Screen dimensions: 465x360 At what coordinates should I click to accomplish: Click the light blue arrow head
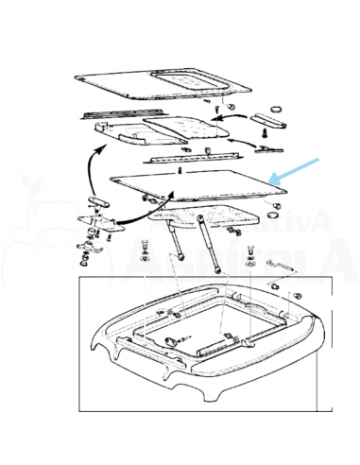click(275, 178)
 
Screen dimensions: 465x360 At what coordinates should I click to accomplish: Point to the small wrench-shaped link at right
click(283, 275)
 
